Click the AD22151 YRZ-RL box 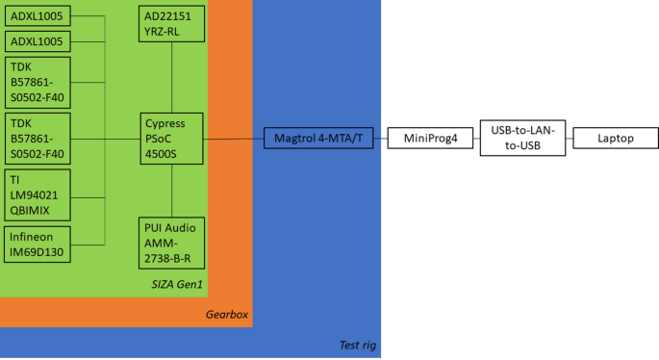pyautogui.click(x=171, y=23)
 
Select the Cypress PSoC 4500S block pyautogui.click(x=171, y=139)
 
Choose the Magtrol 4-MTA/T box pyautogui.click(x=317, y=139)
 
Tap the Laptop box pyautogui.click(x=616, y=139)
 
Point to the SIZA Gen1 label pyautogui.click(x=178, y=285)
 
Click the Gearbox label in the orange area pyautogui.click(x=227, y=315)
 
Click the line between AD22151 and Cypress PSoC pyautogui.click(x=171, y=77)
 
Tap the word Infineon pyautogui.click(x=33, y=236)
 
